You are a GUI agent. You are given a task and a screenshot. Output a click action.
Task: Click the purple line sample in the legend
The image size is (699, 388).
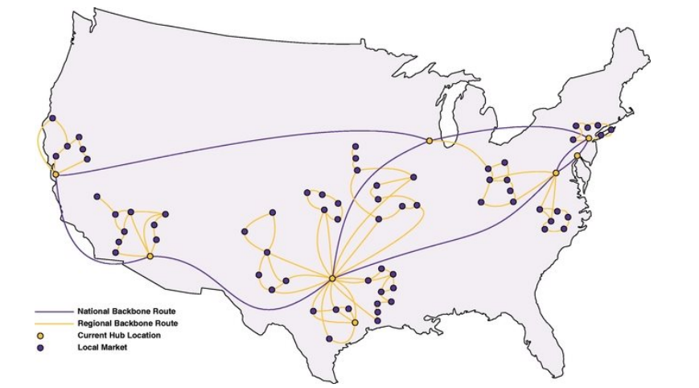coord(53,310)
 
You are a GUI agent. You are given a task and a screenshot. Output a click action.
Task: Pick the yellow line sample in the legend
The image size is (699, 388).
coord(53,322)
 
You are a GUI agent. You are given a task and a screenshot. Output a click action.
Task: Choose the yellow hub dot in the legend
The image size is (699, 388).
coord(40,334)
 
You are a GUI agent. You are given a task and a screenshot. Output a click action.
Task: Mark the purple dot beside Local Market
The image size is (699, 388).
coord(40,347)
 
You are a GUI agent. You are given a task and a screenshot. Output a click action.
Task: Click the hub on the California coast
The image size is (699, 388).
coord(56,174)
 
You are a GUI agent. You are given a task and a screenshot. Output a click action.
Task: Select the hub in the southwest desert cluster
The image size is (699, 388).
coord(150,256)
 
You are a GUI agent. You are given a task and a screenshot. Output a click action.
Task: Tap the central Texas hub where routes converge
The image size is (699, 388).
coord(331,278)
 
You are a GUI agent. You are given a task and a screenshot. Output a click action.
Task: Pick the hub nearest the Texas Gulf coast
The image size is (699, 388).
coord(355,322)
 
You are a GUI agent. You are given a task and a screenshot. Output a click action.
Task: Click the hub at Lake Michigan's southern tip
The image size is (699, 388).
coord(429,141)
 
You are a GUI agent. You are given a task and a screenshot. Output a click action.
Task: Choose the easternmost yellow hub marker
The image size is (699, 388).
coord(589,138)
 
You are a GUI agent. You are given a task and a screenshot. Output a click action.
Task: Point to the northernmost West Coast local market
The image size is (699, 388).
coord(52,118)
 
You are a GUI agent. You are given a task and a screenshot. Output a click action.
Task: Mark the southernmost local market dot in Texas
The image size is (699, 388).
coord(329,339)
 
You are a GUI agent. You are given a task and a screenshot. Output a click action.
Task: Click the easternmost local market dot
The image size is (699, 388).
coord(611,129)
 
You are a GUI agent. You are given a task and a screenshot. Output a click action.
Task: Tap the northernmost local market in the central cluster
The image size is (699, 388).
coord(355,147)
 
